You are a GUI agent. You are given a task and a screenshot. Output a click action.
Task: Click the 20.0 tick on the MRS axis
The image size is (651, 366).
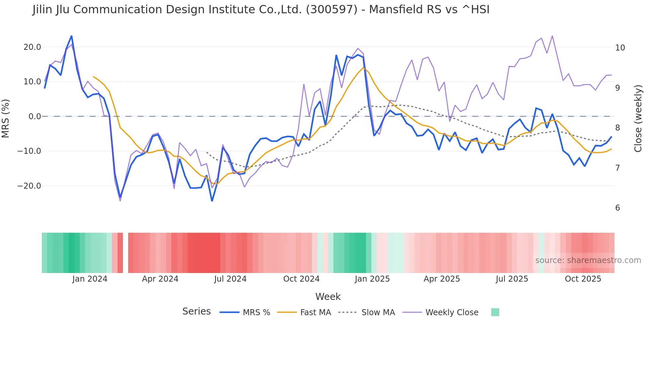tap(32, 47)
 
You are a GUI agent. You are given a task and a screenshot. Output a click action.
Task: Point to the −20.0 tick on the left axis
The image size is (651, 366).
tap(29, 186)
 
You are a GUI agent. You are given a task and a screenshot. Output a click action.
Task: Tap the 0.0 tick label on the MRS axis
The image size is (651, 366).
tap(35, 117)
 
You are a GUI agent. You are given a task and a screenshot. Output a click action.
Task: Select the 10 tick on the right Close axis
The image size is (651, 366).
tap(620, 48)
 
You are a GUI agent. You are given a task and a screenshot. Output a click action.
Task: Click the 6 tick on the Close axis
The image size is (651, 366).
tap(617, 208)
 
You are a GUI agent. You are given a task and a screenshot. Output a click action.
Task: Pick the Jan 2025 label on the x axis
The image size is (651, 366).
tap(372, 279)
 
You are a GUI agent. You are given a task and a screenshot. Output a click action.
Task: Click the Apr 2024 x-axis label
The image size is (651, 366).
tap(160, 279)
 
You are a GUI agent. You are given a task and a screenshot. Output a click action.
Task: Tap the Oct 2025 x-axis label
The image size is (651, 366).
tap(583, 279)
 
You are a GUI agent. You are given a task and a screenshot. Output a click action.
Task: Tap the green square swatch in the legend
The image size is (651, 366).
tap(495, 312)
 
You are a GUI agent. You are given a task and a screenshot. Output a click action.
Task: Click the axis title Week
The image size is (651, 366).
tap(328, 297)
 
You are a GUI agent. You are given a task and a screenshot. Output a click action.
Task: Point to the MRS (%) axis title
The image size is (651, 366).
tap(6, 118)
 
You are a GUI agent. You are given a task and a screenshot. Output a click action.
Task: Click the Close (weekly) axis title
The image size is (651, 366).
tap(638, 118)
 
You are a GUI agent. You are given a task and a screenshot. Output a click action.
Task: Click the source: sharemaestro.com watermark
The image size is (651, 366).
tap(588, 260)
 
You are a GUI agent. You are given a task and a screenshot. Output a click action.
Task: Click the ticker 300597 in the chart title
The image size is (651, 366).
tap(331, 10)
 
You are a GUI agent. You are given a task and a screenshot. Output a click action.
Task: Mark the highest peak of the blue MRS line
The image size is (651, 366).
tap(71, 36)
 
